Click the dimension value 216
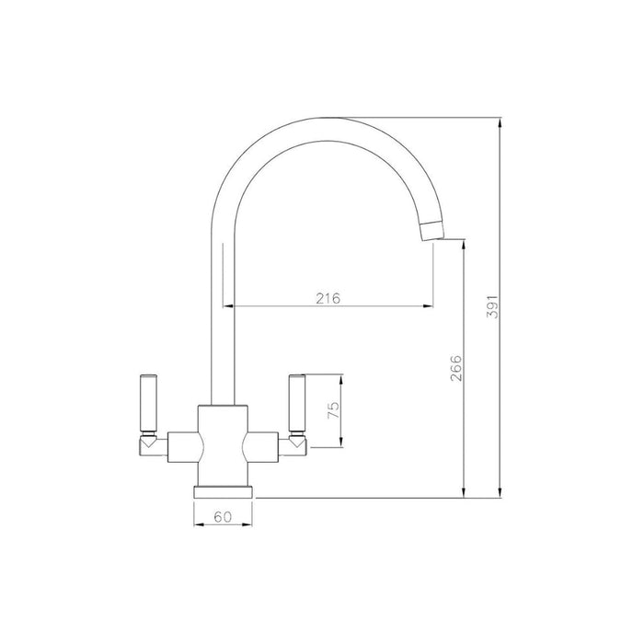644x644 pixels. click(328, 297)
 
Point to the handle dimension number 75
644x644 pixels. click(335, 407)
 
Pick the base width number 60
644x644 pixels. click(223, 518)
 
